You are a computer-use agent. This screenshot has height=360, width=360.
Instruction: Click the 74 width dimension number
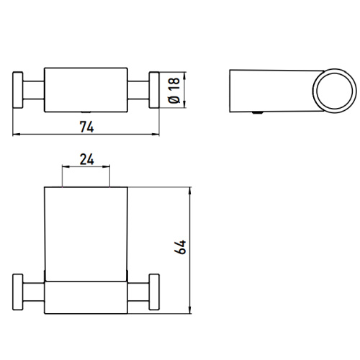(x=87, y=125)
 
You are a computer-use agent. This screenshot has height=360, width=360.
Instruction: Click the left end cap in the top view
(x=19, y=90)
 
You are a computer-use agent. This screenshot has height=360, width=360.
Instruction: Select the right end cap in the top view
(x=154, y=90)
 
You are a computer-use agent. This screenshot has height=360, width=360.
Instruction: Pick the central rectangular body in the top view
(x=86, y=90)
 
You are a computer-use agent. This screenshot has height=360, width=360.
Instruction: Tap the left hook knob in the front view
(x=19, y=294)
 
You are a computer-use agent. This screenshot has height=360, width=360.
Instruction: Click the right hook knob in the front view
(x=154, y=294)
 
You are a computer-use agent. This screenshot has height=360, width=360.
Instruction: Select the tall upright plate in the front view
(x=86, y=230)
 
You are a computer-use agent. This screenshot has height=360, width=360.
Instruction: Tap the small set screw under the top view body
(x=86, y=113)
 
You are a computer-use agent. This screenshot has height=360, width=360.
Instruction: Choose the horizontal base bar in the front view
(x=86, y=295)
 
